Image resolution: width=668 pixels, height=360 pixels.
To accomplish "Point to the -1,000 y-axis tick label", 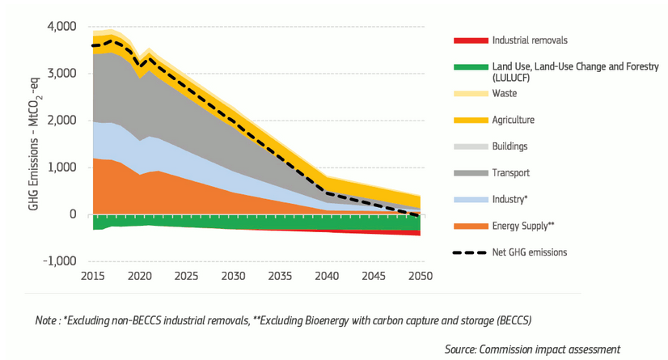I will click(x=60, y=261).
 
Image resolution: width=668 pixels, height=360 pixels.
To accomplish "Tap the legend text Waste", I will click(x=504, y=93).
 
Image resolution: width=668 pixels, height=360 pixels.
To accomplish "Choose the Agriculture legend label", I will click(x=513, y=120).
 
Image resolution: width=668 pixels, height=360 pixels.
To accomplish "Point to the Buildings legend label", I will click(x=509, y=146).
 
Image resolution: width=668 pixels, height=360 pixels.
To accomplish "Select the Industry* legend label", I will click(x=509, y=199).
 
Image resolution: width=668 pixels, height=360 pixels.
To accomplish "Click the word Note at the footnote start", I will click(x=47, y=320).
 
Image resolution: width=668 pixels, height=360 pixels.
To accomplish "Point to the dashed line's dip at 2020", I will click(x=142, y=66).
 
